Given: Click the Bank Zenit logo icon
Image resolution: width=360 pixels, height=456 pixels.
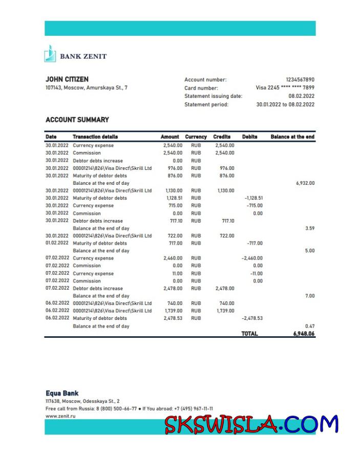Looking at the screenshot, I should coord(50,54).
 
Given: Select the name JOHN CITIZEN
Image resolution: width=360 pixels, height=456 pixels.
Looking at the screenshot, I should coord(67,79).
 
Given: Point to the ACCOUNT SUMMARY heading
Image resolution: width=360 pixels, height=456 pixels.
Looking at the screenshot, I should coord(77,120).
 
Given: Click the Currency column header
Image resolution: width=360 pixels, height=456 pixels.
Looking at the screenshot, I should coord(196,137).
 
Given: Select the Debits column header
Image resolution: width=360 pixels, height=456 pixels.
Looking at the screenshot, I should coord(249,137).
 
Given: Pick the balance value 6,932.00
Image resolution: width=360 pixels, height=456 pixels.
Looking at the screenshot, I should coord(305,183).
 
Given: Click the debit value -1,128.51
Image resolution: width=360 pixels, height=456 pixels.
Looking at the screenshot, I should coord(253,198).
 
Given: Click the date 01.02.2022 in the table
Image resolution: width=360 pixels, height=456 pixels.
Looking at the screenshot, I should coord(57,243).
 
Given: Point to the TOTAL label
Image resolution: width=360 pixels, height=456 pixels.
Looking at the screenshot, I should coord(249,334).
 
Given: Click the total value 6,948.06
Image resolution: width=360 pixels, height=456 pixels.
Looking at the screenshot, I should coord(304,334).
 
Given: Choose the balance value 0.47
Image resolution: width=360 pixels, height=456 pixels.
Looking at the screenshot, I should coord(309,326).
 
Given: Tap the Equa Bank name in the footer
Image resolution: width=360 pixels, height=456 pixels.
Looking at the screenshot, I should coord(62,394).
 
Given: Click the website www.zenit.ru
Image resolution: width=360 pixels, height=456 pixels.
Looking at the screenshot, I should coord(60,417).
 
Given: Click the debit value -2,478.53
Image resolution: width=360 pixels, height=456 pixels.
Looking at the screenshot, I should coord(252,318).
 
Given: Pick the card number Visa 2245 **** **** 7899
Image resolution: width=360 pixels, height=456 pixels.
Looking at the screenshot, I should coord(285,88).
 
